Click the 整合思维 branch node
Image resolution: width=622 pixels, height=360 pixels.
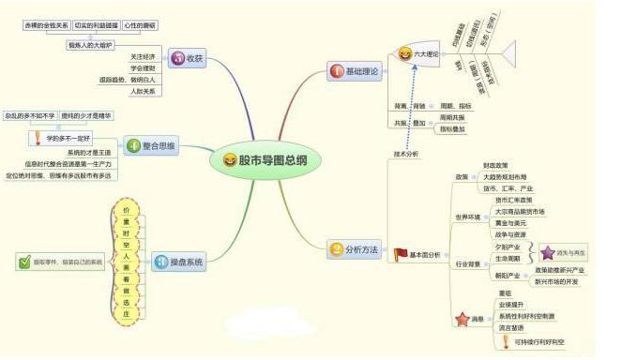pyautogui.click(x=149, y=145)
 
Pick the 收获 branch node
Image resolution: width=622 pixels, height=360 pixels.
pyautogui.click(x=188, y=58)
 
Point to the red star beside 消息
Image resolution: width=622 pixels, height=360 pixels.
pyautogui.click(x=461, y=320)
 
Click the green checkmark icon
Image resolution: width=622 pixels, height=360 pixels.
pyautogui.click(x=24, y=262)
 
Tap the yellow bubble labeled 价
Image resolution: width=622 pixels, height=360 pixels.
pyautogui.click(x=126, y=210)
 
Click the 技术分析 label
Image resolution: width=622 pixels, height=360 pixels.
pyautogui.click(x=405, y=153)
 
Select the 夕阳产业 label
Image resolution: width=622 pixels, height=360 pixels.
pyautogui.click(x=507, y=247)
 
